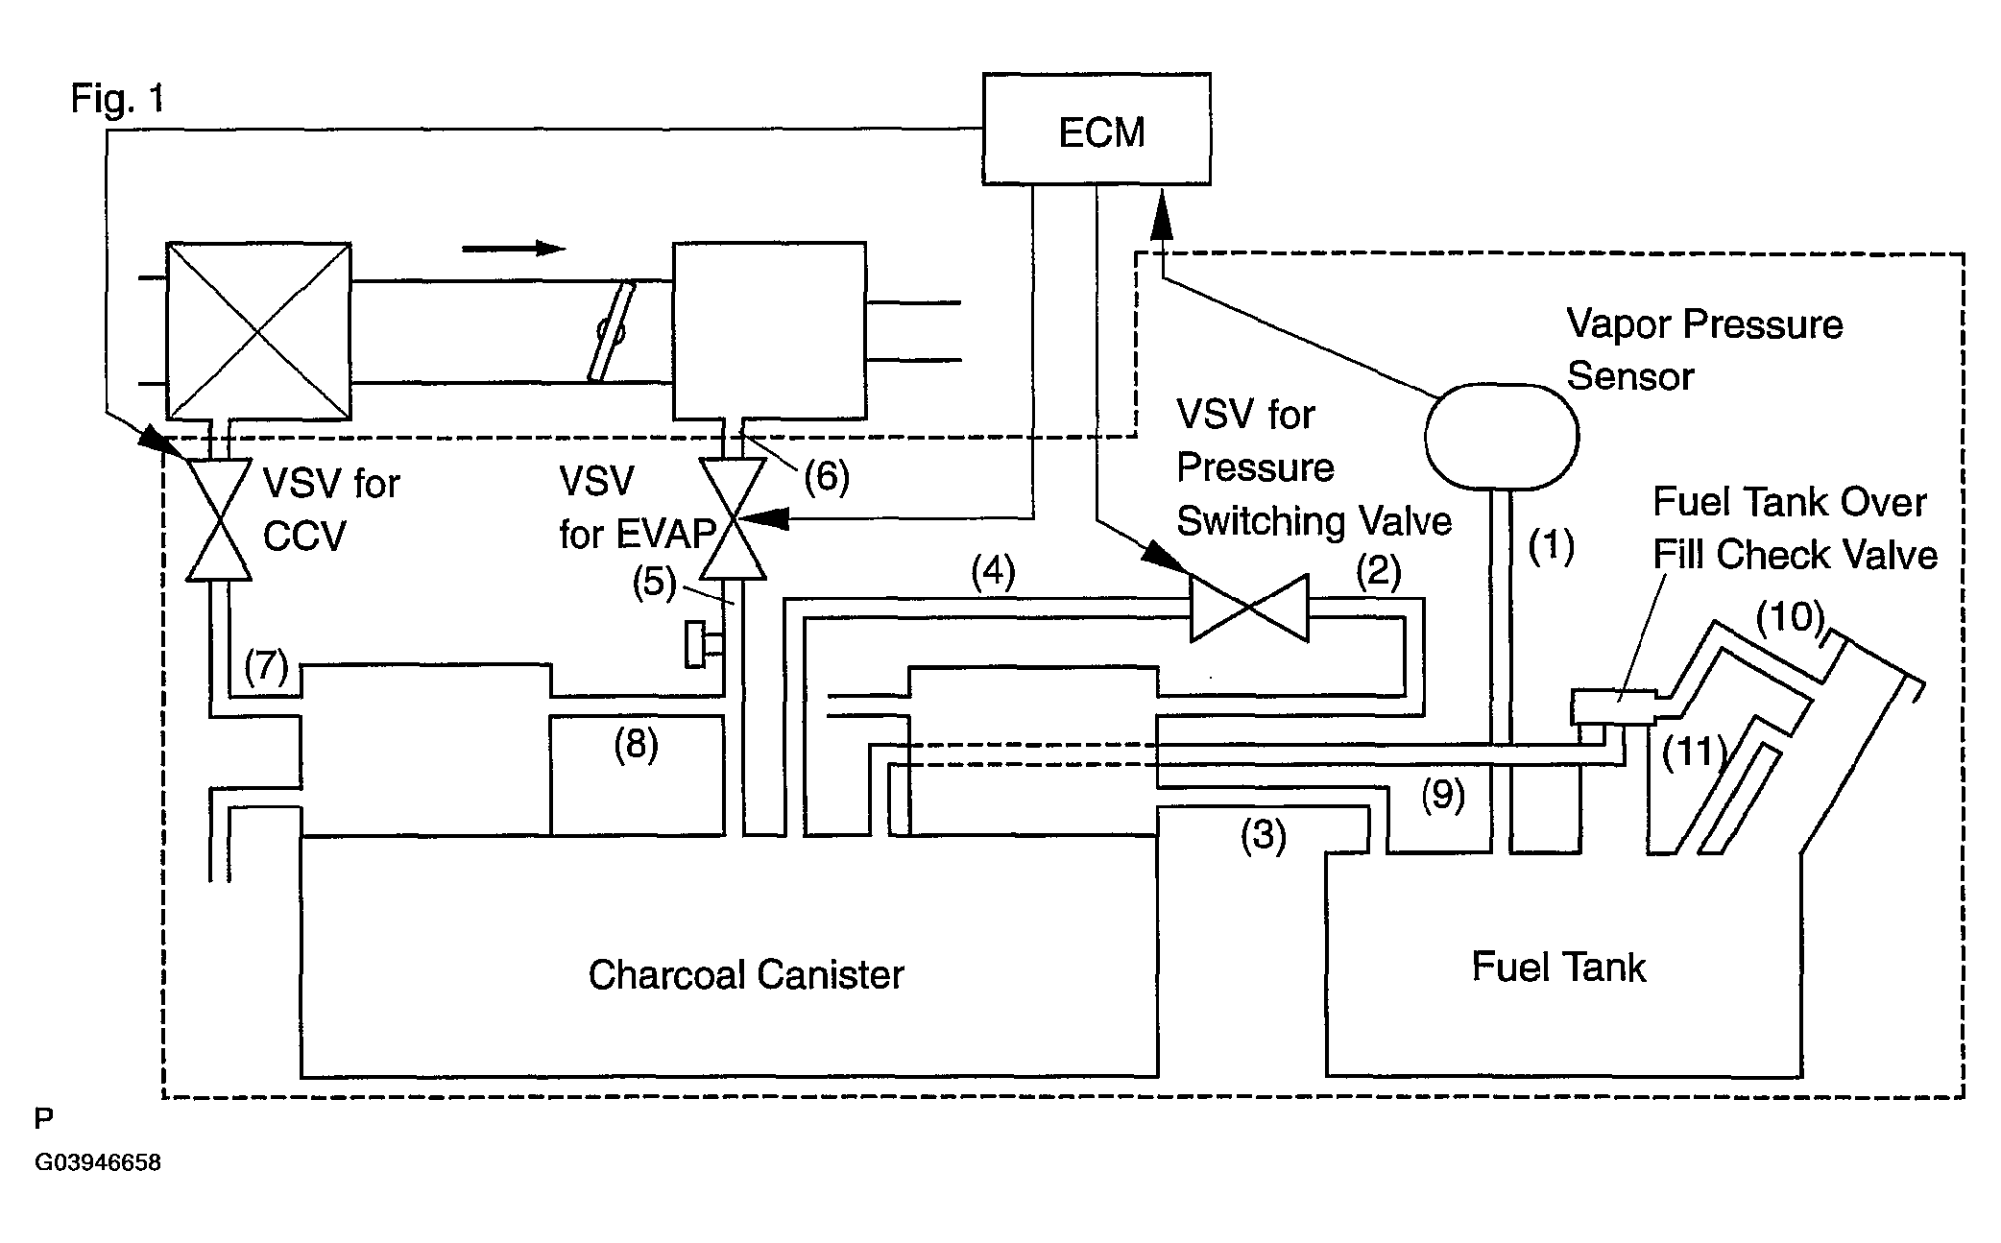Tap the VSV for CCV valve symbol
219,519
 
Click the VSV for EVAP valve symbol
733,519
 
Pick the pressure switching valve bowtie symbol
1249,609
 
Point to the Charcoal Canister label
746,975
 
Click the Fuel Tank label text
1558,967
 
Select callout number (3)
1263,834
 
